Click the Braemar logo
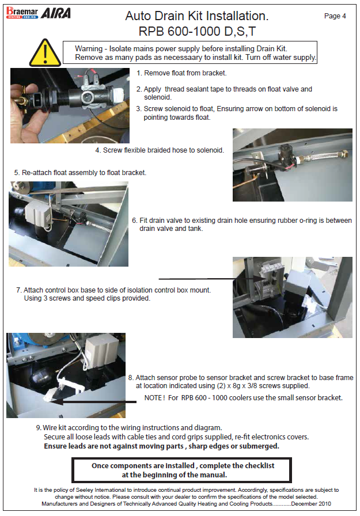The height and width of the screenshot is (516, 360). (x=22, y=13)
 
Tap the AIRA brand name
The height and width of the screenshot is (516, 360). (x=56, y=13)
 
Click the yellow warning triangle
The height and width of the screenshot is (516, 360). (x=45, y=52)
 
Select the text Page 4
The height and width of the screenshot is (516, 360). (x=335, y=16)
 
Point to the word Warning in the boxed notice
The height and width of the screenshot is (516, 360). (x=89, y=49)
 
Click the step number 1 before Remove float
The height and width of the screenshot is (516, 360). (x=139, y=73)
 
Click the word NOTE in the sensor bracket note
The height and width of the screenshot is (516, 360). (x=153, y=398)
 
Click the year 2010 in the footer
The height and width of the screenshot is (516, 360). (x=324, y=504)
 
